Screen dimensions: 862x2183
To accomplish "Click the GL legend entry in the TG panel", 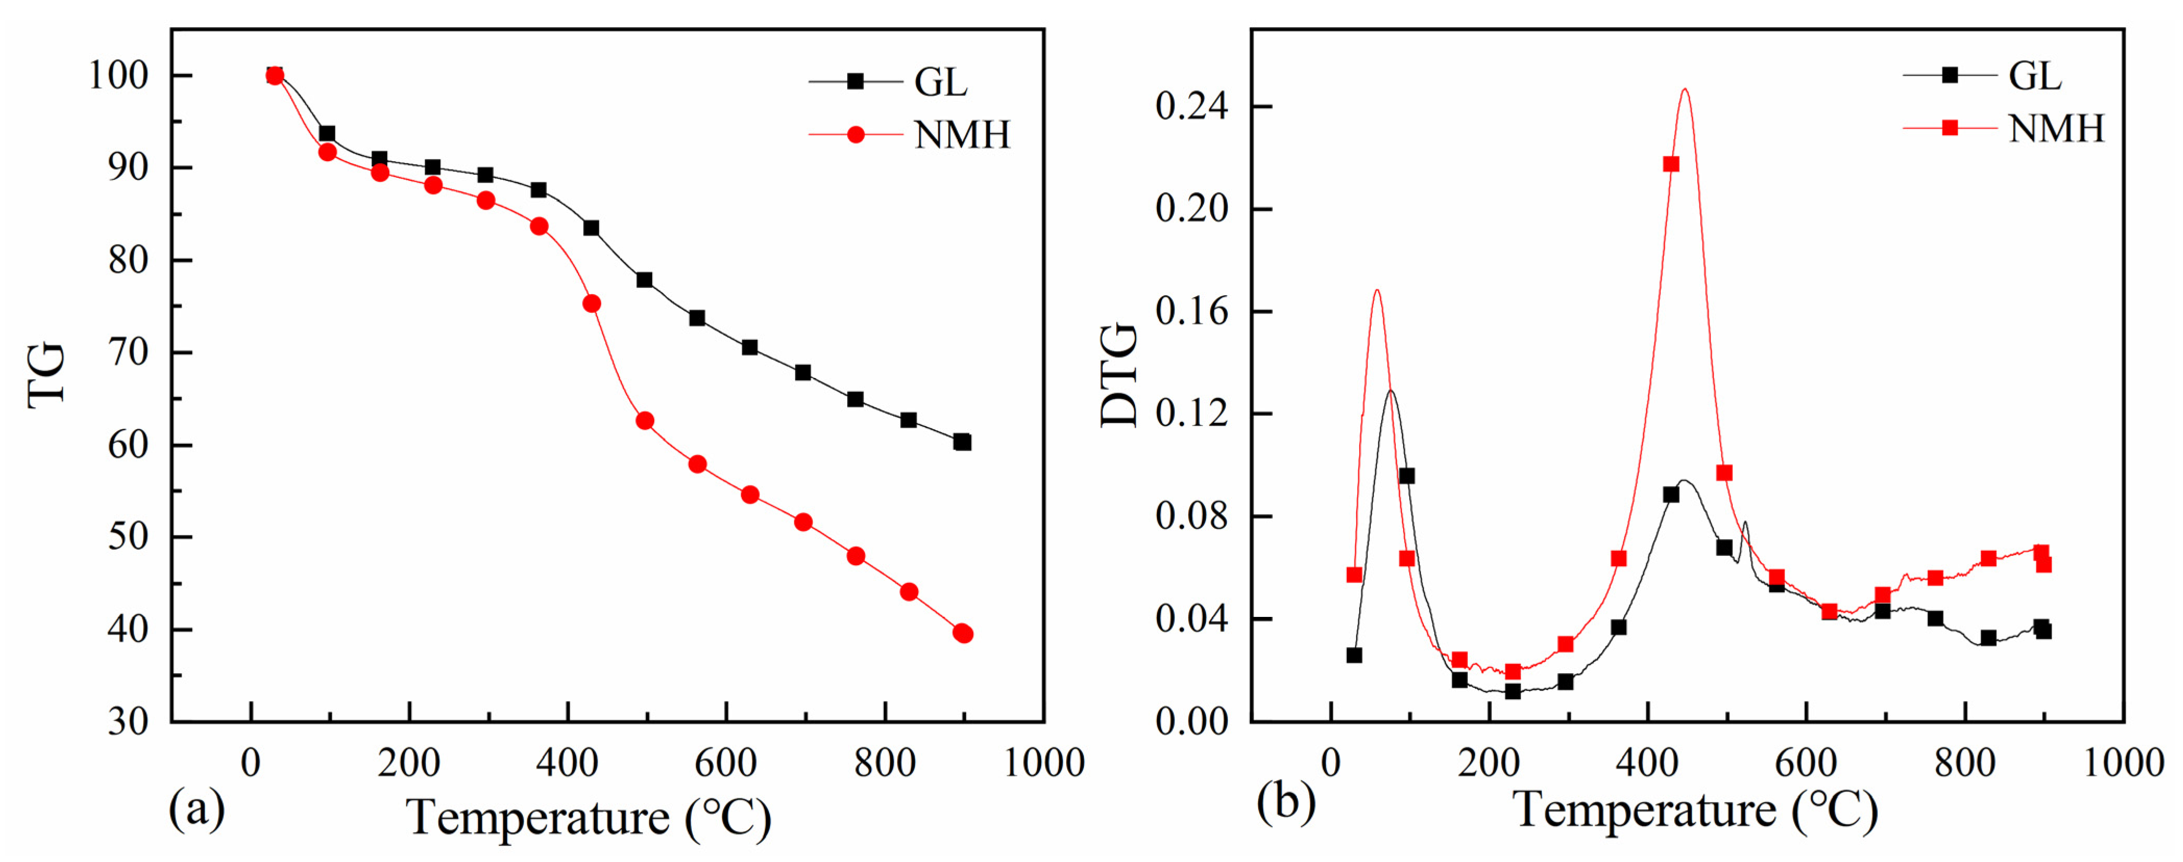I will point(939,82).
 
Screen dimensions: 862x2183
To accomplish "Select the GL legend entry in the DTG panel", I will point(2034,76).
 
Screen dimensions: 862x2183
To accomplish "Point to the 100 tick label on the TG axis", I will point(119,76).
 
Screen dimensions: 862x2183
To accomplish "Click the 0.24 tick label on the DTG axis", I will point(1191,107).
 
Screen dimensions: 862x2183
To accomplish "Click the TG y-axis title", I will point(46,375).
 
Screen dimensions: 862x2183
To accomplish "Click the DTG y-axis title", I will point(1119,375).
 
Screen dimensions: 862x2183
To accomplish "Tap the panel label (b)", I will point(1286,801).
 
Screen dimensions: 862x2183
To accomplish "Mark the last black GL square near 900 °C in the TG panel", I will point(962,442).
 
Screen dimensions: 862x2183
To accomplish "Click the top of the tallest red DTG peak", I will point(1685,89).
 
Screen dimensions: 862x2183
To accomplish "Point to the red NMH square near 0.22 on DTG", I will point(1671,164).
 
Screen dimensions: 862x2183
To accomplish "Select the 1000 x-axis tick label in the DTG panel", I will point(2124,763).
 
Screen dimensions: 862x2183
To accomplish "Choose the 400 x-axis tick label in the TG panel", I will point(568,763).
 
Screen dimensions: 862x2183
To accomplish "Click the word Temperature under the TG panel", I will point(539,817).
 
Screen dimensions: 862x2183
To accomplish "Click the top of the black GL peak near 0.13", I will point(1391,391).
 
